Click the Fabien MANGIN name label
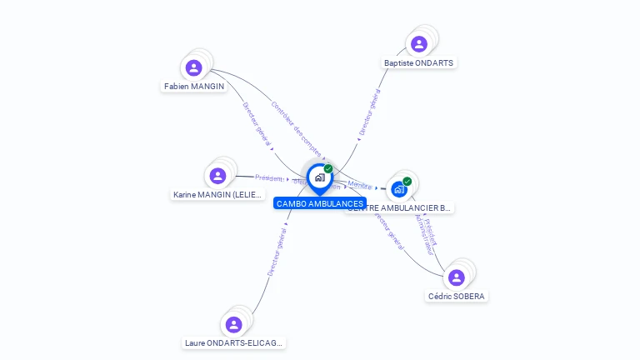(194, 86)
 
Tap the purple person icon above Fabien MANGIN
(194, 67)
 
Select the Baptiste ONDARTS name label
(419, 62)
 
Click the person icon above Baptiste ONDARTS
(419, 44)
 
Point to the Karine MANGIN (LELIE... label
(217, 194)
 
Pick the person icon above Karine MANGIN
(217, 176)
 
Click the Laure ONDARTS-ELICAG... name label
(233, 342)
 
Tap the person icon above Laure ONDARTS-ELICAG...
(234, 324)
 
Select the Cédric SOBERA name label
(457, 296)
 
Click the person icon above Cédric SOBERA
(456, 277)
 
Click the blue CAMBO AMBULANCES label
(320, 203)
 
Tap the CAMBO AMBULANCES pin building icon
(319, 177)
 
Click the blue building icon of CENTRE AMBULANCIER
(399, 189)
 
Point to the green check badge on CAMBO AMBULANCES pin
(328, 168)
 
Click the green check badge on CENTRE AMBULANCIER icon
(407, 181)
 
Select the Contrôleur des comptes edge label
(296, 129)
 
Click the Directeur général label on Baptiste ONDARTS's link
(369, 112)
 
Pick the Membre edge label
(360, 185)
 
